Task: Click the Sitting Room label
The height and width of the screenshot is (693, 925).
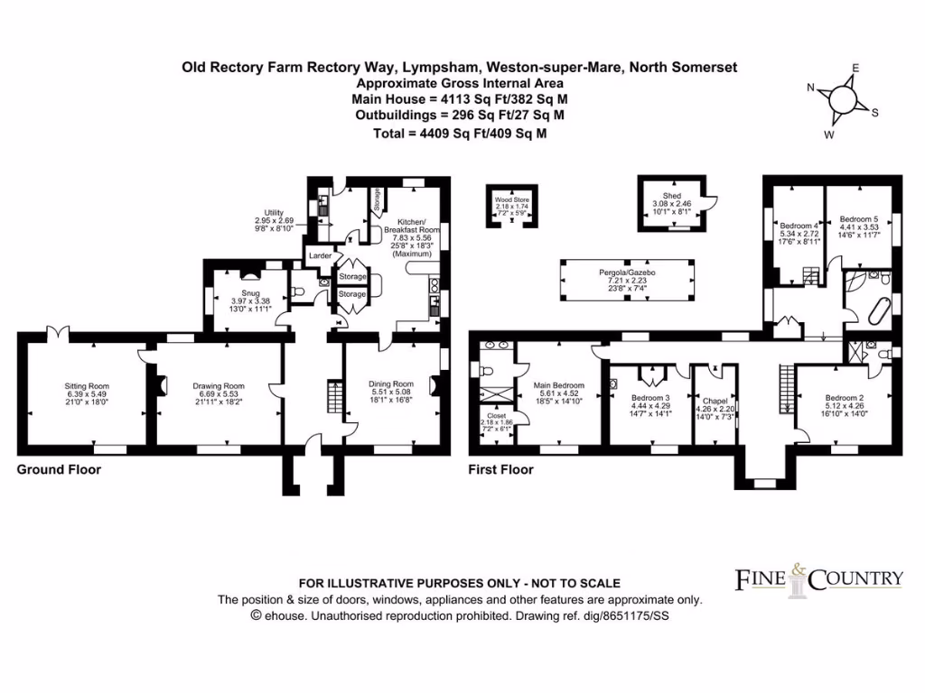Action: tap(87, 385)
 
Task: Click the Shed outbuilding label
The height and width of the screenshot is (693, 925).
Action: tap(671, 196)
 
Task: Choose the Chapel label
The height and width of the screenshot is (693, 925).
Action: tap(715, 390)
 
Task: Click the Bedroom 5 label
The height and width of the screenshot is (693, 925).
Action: tap(858, 219)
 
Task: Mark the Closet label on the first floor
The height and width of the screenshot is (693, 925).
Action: tap(495, 417)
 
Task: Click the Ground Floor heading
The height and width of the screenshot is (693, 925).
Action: tap(59, 469)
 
